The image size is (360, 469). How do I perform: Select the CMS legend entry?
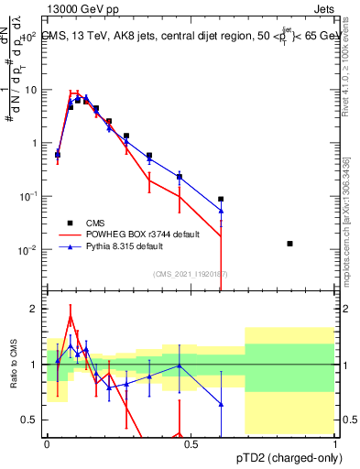click(x=96, y=223)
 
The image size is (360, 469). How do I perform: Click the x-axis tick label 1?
click(x=335, y=443)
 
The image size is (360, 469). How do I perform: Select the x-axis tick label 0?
click(x=47, y=443)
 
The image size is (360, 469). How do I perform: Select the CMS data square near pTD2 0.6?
click(x=221, y=199)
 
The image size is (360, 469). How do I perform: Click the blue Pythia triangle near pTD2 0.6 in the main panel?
click(x=221, y=211)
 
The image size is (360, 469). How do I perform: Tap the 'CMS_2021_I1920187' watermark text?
click(x=191, y=274)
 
